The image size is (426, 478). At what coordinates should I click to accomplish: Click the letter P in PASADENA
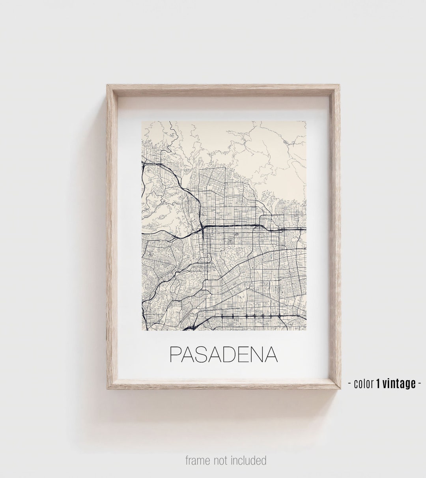[x=175, y=355]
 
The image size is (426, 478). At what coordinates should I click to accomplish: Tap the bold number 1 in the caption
[x=379, y=383]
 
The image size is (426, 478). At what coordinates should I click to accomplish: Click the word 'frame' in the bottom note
[x=198, y=460]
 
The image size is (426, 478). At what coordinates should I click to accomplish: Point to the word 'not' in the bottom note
[x=223, y=460]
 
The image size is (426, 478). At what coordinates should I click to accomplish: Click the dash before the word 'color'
[x=350, y=383]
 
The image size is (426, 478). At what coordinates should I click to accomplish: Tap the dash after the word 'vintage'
[x=420, y=383]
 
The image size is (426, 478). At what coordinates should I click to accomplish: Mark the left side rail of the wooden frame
[x=112, y=237]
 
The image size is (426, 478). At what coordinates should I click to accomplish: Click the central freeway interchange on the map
[x=202, y=228]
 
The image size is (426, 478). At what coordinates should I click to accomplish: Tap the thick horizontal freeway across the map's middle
[x=237, y=226]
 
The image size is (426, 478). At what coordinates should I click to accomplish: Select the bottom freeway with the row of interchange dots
[x=252, y=316]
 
